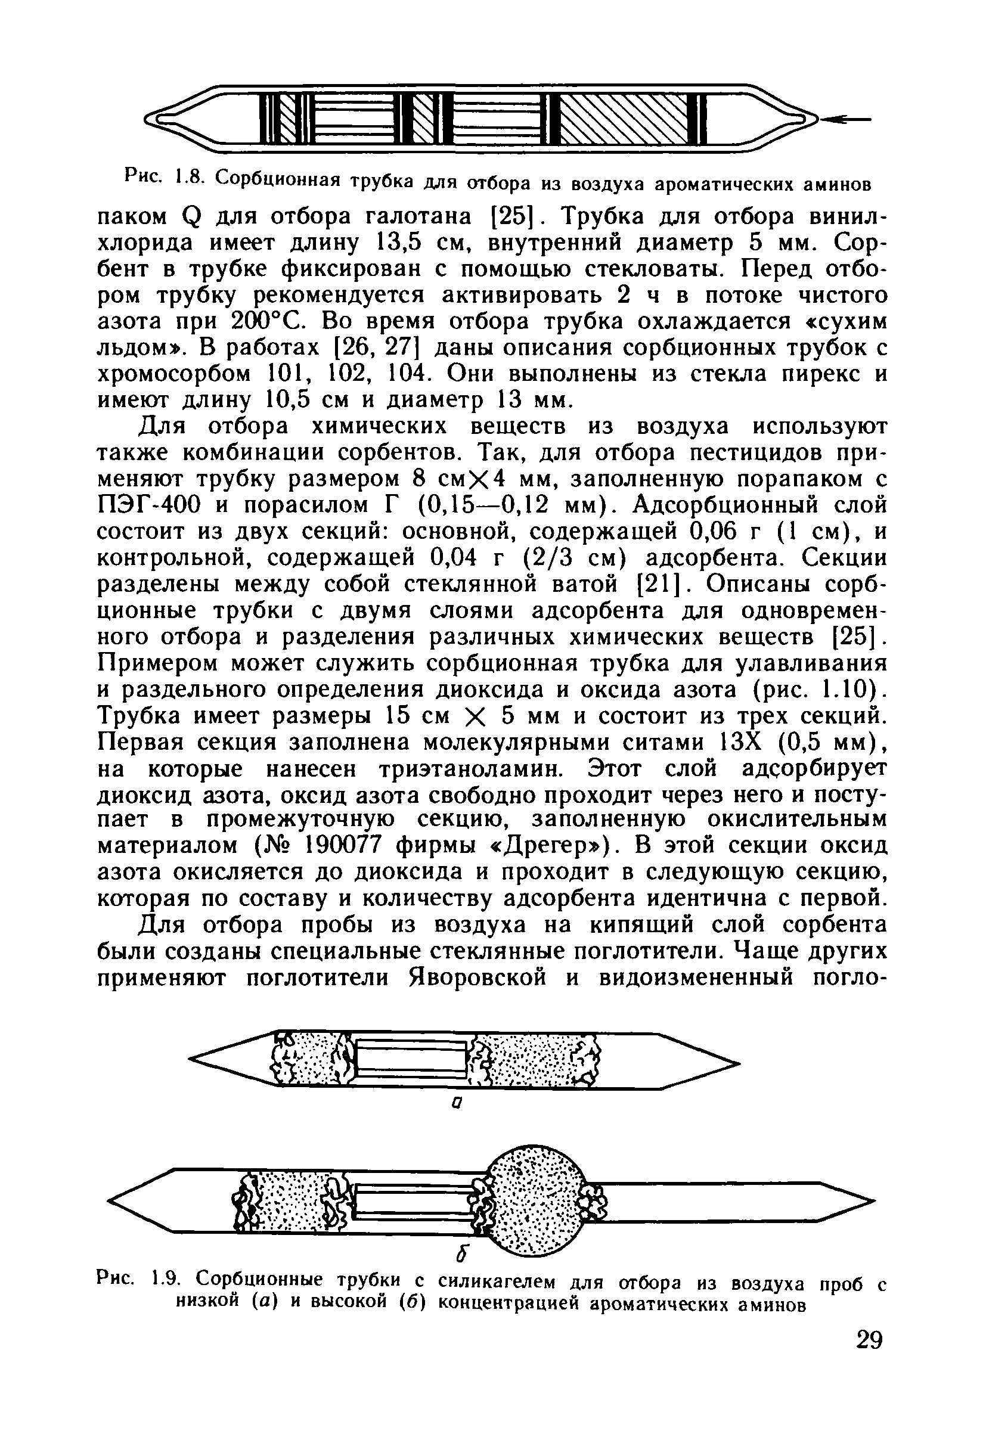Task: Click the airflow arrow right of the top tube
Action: click(845, 118)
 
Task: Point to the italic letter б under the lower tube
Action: click(460, 1254)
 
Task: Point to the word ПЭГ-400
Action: click(150, 505)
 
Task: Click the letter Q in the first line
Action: click(191, 218)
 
